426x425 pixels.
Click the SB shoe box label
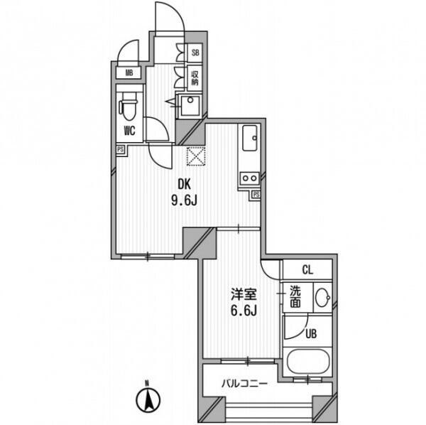pos(195,53)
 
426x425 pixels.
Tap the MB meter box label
pos(129,73)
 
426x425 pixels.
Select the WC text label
pos(130,131)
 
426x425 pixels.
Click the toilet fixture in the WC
pos(129,107)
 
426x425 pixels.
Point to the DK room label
pos(185,184)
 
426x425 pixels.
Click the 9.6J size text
pos(184,201)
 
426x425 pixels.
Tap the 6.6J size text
pos(244,310)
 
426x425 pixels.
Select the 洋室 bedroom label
pos(244,294)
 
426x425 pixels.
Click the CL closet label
pos(307,270)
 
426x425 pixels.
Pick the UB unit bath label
pos(311,334)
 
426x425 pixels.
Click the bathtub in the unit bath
pos(309,361)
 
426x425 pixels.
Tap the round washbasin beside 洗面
pos(323,298)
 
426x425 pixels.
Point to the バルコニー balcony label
pos(244,384)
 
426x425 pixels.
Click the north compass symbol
pos(148,399)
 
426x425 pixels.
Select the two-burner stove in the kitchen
pos(250,178)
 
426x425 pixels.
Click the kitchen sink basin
pos(250,138)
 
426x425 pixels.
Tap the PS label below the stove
pos(256,195)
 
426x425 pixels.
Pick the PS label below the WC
pos(121,149)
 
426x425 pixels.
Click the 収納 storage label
pos(195,78)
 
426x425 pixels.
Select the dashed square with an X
pos(196,156)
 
